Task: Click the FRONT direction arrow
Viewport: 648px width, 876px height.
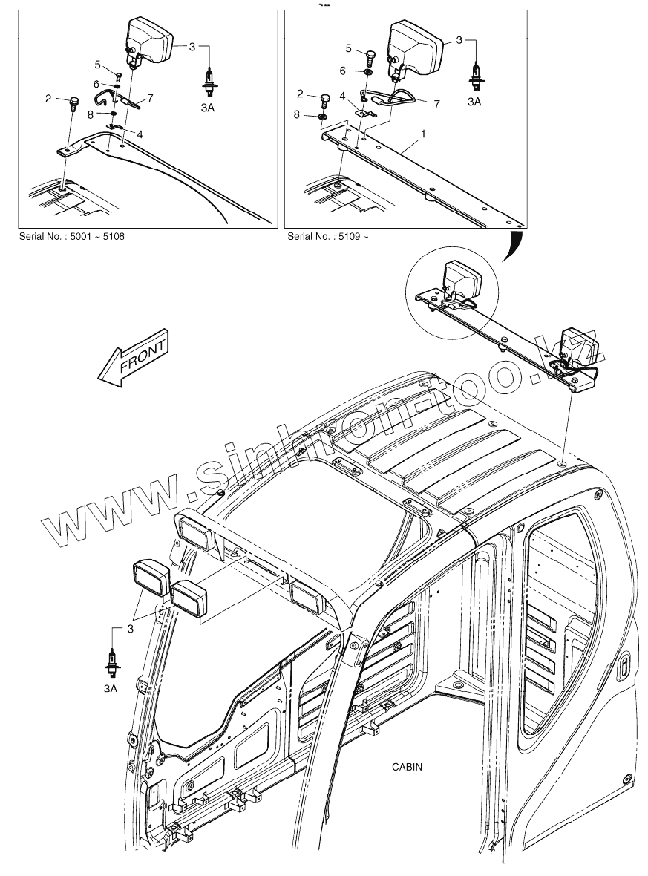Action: (x=134, y=356)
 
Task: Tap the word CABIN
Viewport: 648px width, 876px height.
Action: (x=407, y=767)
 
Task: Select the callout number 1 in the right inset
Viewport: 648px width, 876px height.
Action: (x=423, y=134)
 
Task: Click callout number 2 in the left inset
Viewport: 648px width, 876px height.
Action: (x=48, y=98)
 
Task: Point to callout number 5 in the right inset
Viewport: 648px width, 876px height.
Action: (x=349, y=48)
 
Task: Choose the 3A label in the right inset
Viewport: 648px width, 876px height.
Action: (x=474, y=102)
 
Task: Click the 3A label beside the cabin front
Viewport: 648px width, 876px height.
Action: (x=111, y=689)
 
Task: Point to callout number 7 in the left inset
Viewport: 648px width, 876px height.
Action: (x=150, y=97)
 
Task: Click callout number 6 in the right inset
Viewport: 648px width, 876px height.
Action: (x=343, y=71)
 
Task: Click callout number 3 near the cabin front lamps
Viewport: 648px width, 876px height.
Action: (x=131, y=630)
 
